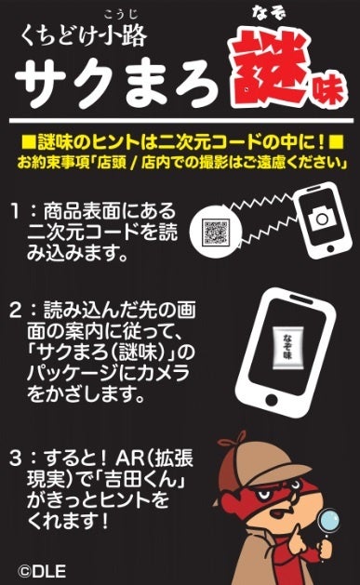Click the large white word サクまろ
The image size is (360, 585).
point(116,81)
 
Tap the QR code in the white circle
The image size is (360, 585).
point(215,233)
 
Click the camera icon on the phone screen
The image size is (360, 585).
point(320,218)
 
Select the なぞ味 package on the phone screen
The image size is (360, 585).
point(288,348)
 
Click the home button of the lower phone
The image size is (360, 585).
point(272,400)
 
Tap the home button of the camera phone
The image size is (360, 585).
point(330,248)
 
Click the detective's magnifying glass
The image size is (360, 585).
point(327,523)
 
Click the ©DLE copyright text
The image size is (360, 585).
point(42,572)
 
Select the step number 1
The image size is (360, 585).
point(15,211)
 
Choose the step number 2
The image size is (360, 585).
point(15,311)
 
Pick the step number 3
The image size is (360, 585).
point(15,459)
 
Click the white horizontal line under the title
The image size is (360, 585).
point(181,121)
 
